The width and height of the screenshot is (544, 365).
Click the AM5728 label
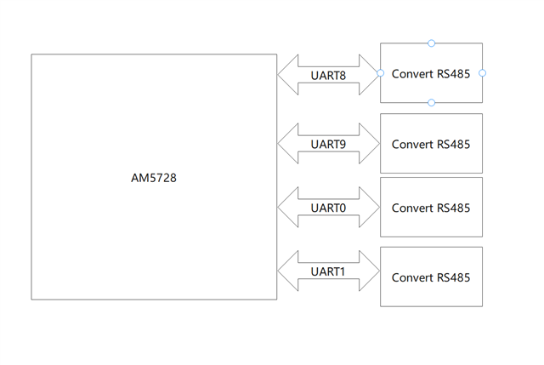pyautogui.click(x=154, y=179)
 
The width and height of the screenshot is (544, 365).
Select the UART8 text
pyautogui.click(x=328, y=76)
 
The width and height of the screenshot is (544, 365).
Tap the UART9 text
pyautogui.click(x=328, y=143)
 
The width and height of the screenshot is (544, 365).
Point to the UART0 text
pyautogui.click(x=328, y=208)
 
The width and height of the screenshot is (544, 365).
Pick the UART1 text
pyautogui.click(x=328, y=272)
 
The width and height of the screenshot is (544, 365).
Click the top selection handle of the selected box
pyautogui.click(x=432, y=43)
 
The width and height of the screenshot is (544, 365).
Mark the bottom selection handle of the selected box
pyautogui.click(x=432, y=103)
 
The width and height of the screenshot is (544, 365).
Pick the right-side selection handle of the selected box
pyautogui.click(x=483, y=73)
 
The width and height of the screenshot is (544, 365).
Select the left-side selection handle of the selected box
pyautogui.click(x=380, y=73)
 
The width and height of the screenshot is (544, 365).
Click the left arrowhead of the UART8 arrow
pyautogui.click(x=286, y=76)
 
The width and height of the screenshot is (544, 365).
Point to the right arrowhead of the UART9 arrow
pyautogui.click(x=371, y=143)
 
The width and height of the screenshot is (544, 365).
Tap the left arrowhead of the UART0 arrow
pyautogui.click(x=286, y=208)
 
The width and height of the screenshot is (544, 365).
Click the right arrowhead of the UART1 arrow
pyautogui.click(x=371, y=272)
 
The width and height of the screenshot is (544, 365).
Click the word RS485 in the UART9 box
pyautogui.click(x=453, y=144)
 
